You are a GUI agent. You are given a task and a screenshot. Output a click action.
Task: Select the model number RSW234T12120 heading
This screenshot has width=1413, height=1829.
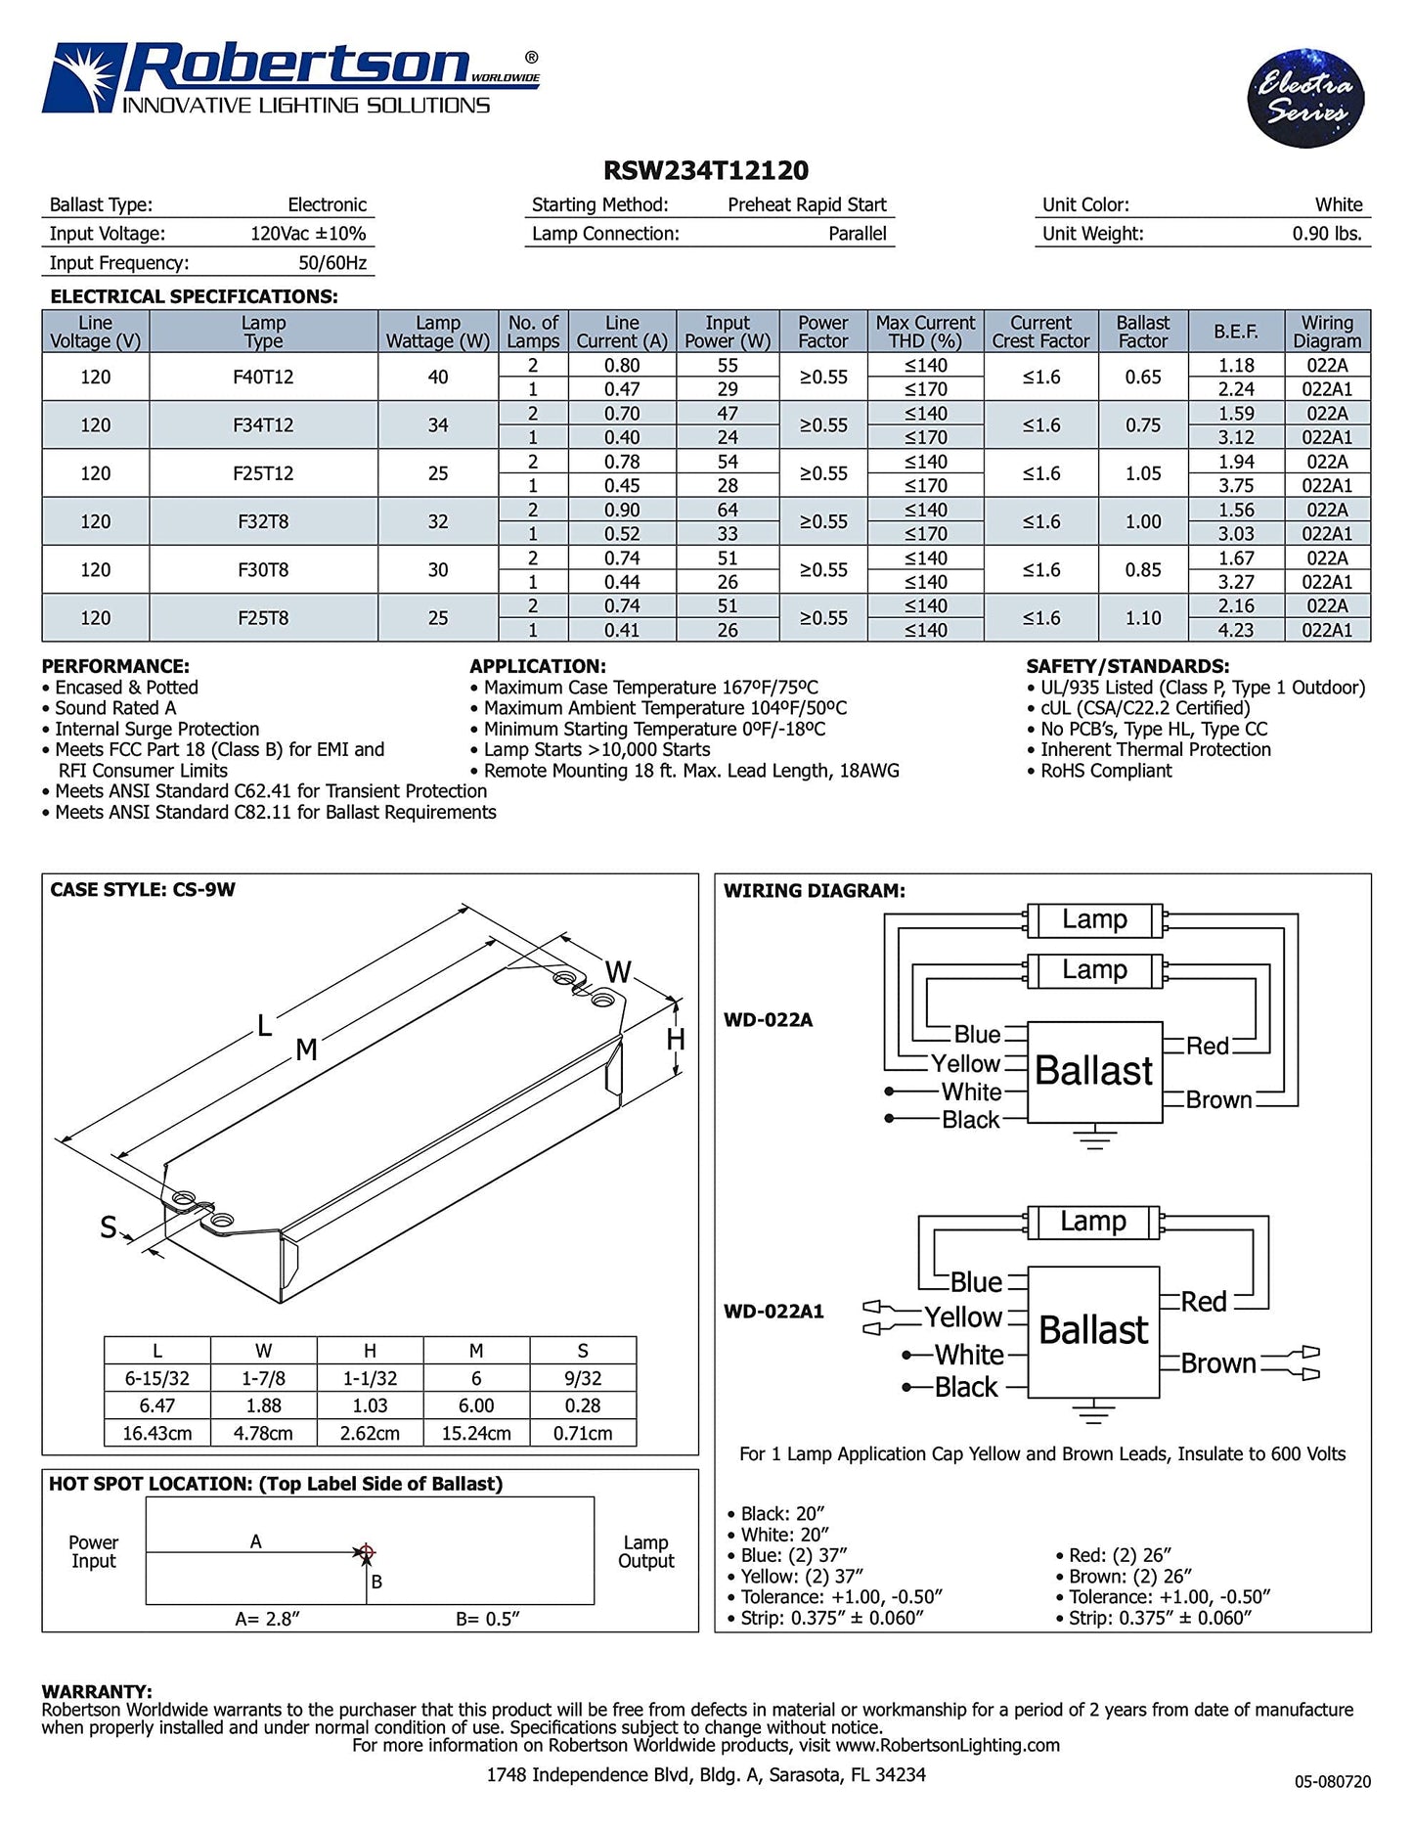tap(706, 171)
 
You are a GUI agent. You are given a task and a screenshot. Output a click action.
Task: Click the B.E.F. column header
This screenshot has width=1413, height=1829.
tap(1235, 332)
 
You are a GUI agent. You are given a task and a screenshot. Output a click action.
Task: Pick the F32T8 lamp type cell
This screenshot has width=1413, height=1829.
tap(263, 522)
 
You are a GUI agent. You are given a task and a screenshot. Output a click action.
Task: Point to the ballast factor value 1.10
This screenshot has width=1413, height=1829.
tap(1142, 618)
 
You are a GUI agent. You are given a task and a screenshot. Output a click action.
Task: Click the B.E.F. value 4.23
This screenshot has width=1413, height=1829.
tap(1236, 631)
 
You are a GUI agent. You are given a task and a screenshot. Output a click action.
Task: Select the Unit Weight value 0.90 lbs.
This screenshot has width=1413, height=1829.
tap(1327, 234)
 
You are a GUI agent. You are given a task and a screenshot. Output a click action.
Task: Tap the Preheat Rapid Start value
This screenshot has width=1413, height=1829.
tap(807, 205)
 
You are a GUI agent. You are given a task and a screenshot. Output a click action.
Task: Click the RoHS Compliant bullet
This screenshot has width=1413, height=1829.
tap(1105, 771)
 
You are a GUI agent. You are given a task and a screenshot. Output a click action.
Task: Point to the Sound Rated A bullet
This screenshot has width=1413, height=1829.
tap(115, 708)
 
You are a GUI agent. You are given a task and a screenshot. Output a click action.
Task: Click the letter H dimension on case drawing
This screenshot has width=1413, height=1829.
tap(676, 1040)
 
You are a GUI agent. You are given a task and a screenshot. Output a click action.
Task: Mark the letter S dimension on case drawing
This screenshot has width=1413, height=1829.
tap(109, 1227)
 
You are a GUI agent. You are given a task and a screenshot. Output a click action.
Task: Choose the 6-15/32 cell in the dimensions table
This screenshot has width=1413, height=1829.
tap(156, 1378)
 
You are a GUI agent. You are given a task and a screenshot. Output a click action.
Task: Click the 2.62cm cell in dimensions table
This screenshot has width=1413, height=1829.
tap(370, 1433)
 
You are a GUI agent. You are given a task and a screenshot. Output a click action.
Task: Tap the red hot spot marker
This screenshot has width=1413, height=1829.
tap(367, 1552)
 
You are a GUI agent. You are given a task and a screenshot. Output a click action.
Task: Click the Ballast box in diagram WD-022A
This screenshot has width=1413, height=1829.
tap(1094, 1071)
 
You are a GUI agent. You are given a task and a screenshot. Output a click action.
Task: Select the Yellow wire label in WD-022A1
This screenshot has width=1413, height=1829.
tap(963, 1317)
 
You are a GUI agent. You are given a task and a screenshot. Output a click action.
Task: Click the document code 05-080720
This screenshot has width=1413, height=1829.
tap(1332, 1782)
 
